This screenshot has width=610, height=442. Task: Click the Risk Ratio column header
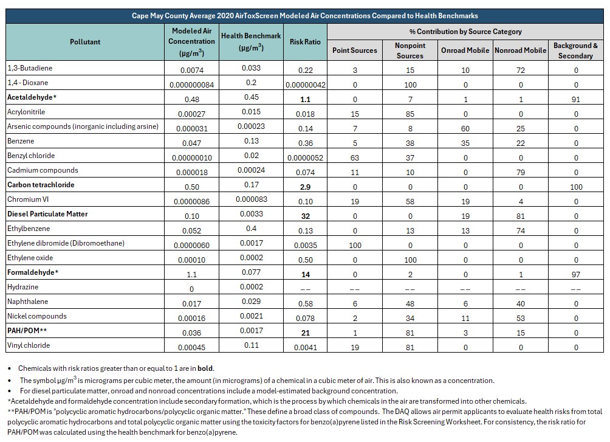click(305, 42)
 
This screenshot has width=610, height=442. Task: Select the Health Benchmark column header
click(251, 41)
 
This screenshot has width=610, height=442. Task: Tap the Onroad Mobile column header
click(465, 50)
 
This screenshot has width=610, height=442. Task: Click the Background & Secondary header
click(575, 50)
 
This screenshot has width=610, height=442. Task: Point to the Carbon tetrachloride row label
click(41, 185)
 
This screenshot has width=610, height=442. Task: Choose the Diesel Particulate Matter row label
click(47, 214)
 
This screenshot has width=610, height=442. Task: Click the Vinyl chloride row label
click(29, 345)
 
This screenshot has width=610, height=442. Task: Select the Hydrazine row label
click(23, 287)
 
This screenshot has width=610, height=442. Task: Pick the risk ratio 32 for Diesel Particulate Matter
click(306, 216)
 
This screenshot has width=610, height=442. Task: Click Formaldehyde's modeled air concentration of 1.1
click(192, 275)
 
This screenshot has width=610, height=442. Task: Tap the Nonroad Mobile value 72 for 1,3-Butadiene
click(521, 70)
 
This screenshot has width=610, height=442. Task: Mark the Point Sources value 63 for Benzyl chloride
click(355, 157)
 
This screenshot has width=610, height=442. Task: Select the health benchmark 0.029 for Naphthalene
click(252, 302)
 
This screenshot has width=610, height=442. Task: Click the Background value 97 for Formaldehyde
click(576, 275)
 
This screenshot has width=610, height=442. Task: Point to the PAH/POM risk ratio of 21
click(306, 333)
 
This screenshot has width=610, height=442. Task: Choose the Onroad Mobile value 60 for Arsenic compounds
click(465, 128)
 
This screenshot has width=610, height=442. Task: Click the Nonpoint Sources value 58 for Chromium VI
click(410, 202)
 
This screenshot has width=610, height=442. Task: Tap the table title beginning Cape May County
click(304, 16)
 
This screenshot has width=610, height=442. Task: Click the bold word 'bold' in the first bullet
click(205, 368)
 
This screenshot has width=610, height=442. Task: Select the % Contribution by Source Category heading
click(465, 32)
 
